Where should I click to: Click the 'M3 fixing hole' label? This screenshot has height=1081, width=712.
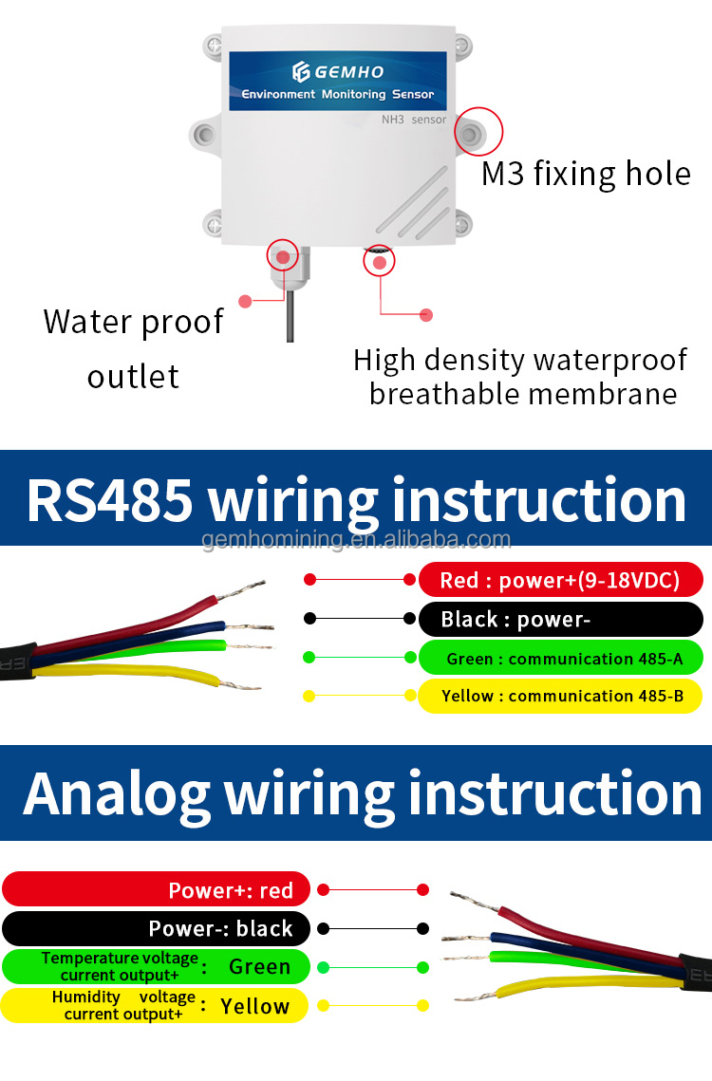[x=586, y=174]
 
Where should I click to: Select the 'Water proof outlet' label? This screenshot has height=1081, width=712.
[x=133, y=348]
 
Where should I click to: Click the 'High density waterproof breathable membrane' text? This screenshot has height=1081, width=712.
[x=521, y=377]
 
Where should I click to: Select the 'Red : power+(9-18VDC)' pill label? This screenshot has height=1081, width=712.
[x=561, y=580]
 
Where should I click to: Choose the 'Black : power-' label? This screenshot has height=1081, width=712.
[x=561, y=620]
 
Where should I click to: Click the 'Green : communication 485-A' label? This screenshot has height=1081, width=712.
[x=561, y=658]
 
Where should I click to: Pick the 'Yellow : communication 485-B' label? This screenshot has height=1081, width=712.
[x=561, y=696]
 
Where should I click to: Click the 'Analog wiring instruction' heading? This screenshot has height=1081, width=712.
[x=361, y=792]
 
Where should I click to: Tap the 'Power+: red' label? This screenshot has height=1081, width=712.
[x=157, y=889]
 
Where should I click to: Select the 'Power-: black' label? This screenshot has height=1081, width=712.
[x=157, y=928]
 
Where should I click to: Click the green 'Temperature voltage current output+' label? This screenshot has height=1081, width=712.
[x=157, y=967]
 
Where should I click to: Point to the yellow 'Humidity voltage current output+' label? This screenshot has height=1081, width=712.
[x=157, y=1006]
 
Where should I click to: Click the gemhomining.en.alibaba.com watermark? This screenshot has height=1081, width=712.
[x=357, y=540]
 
